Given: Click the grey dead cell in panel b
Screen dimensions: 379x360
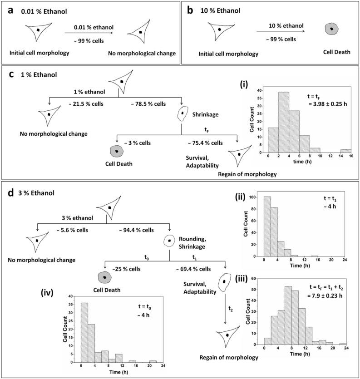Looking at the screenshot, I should click(x=332, y=29).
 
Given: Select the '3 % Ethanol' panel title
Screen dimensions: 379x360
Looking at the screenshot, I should click(x=35, y=192).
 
